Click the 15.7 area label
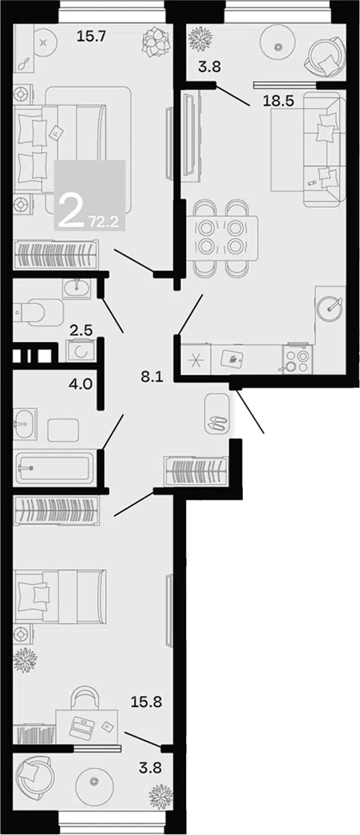[92, 37]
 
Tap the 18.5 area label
[278, 101]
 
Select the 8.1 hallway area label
[151, 377]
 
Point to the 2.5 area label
[82, 330]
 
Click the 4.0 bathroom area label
[82, 383]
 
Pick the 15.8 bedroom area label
[146, 702]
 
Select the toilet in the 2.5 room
[37, 311]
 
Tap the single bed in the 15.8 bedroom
[60, 596]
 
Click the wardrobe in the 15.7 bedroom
[56, 254]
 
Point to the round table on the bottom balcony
[95, 782]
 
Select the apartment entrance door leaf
[250, 412]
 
